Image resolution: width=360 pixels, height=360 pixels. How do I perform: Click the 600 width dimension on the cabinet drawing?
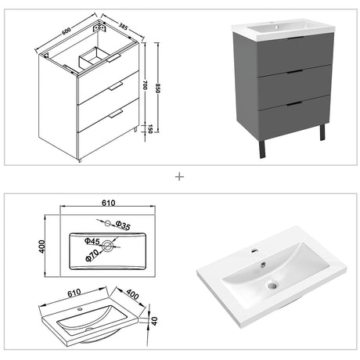tap(67, 31)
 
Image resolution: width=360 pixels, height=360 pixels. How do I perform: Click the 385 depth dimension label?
tap(124, 26)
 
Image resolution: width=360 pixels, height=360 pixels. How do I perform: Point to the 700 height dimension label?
tap(145, 85)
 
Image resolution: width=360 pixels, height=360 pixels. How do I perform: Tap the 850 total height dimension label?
tap(157, 88)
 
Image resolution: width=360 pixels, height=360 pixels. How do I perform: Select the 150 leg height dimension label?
tap(150, 129)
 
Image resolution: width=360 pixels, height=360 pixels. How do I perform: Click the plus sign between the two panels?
tap(179, 177)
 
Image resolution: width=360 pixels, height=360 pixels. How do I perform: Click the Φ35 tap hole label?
tap(123, 225)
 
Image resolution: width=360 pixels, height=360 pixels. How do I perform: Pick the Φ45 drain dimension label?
tap(92, 241)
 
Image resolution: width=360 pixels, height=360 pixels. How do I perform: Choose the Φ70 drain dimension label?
tap(92, 255)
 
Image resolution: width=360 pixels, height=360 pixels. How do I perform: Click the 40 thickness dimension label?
tap(154, 321)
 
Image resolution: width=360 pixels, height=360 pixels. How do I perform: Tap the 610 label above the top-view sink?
tap(108, 203)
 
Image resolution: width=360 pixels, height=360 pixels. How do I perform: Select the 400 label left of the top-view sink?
tap(42, 247)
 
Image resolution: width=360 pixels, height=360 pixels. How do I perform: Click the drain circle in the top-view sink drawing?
tap(107, 246)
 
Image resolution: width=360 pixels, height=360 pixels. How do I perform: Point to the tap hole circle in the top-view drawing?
tap(107, 223)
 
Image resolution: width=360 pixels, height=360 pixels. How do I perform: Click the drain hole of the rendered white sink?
tap(272, 286)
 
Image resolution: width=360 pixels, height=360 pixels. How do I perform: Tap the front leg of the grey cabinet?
tap(262, 149)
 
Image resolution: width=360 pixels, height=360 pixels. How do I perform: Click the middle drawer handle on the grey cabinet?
tap(294, 71)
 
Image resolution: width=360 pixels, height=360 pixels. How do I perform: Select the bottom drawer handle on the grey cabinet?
tap(294, 104)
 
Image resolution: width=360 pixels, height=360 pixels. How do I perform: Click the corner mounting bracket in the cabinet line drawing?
tap(99, 27)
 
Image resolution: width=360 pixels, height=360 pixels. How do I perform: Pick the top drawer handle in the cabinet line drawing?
tap(113, 59)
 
